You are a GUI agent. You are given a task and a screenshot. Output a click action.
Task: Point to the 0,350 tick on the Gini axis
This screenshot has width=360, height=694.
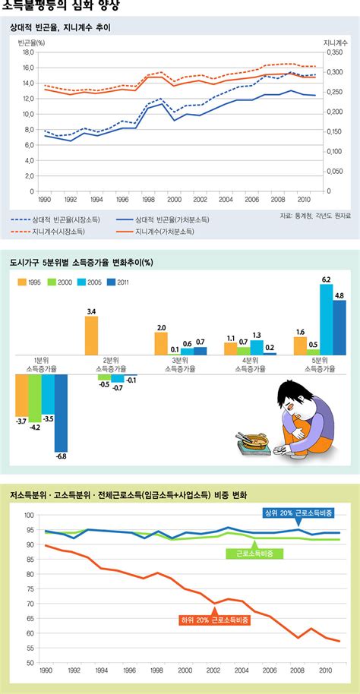333,52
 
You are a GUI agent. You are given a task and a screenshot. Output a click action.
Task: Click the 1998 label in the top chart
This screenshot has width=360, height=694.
149,200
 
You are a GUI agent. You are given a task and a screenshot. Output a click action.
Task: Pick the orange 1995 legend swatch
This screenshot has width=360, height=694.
24,282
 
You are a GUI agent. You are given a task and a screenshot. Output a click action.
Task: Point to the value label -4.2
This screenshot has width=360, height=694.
34,427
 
